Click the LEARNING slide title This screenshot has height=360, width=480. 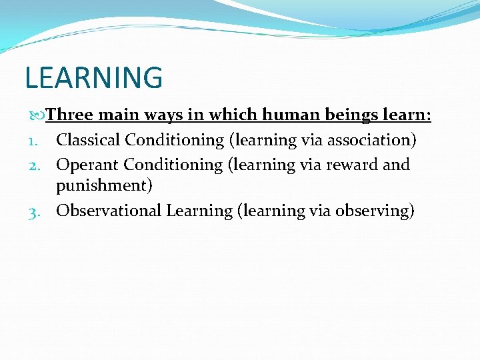[x=93, y=77]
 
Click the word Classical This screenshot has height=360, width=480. [x=89, y=140]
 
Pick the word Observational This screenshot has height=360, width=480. [x=109, y=211]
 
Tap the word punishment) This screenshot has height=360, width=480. [x=104, y=186]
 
